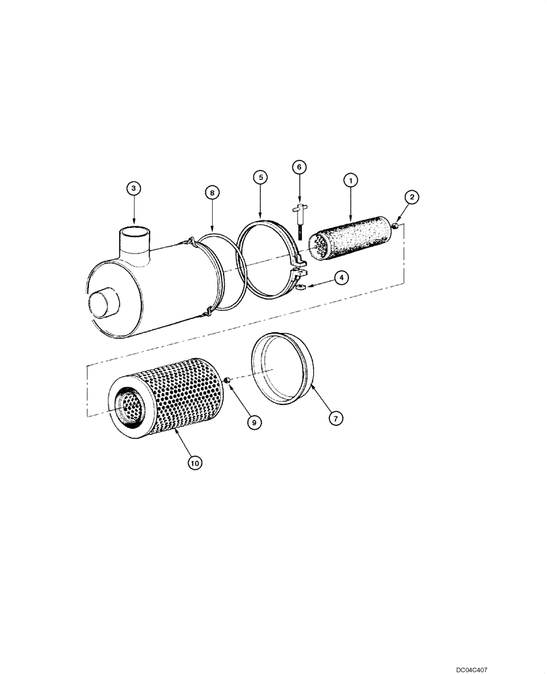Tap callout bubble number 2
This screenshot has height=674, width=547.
[x=412, y=197]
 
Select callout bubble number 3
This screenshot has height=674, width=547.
[x=134, y=189]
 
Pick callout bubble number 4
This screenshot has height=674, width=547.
[x=344, y=277]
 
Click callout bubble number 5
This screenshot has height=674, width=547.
[x=261, y=177]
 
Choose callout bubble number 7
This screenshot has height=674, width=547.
[x=335, y=418]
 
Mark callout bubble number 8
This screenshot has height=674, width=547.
[x=212, y=193]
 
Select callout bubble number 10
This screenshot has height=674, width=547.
[x=194, y=462]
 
